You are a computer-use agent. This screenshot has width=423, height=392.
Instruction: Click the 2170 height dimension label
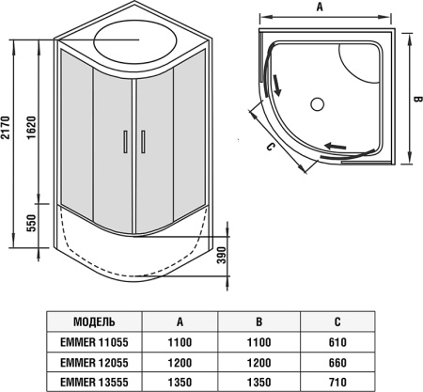point(6,128)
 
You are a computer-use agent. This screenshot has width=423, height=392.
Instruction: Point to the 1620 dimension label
point(31,128)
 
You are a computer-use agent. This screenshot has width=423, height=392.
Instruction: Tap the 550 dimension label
point(31,223)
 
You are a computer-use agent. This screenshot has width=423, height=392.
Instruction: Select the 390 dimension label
point(222,255)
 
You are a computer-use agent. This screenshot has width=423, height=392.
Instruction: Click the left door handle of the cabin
point(125,141)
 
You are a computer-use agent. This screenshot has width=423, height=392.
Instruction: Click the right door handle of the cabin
point(143,141)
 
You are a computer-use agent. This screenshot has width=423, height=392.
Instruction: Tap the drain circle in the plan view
point(318,103)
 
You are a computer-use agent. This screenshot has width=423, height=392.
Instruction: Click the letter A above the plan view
point(320,7)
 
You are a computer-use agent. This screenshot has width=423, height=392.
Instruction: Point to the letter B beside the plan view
point(418,99)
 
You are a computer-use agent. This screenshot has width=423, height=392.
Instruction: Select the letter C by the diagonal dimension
point(270,147)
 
